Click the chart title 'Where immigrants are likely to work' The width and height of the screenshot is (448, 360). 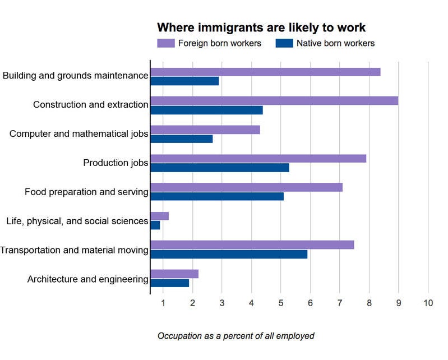261,27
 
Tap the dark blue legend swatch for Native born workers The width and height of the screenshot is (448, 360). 284,43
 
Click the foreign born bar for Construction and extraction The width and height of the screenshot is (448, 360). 274,100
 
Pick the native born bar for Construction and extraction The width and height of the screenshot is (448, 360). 206,110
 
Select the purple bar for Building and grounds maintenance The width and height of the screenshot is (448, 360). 265,72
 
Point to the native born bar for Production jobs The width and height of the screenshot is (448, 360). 220,168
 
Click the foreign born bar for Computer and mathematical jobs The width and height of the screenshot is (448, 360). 205,130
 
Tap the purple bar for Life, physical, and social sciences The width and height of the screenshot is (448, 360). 160,216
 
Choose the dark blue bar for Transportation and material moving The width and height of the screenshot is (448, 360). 229,254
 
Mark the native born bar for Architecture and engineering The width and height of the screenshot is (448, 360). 170,283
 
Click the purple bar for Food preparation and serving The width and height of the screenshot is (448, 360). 246,187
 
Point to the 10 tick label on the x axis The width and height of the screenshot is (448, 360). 428,304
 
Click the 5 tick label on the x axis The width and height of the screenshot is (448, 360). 281,304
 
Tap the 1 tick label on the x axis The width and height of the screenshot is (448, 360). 163,304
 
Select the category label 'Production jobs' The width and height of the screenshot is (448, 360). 116,163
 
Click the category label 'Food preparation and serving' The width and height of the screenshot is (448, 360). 86,192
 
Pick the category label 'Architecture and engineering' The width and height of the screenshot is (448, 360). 87,279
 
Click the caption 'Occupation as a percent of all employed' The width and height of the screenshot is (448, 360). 235,336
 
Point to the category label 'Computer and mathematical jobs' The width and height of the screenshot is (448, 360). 79,134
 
